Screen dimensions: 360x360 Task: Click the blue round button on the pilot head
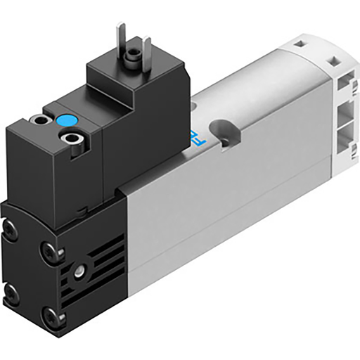67,122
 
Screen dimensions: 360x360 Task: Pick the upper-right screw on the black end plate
49,248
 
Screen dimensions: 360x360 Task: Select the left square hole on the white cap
295,44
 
